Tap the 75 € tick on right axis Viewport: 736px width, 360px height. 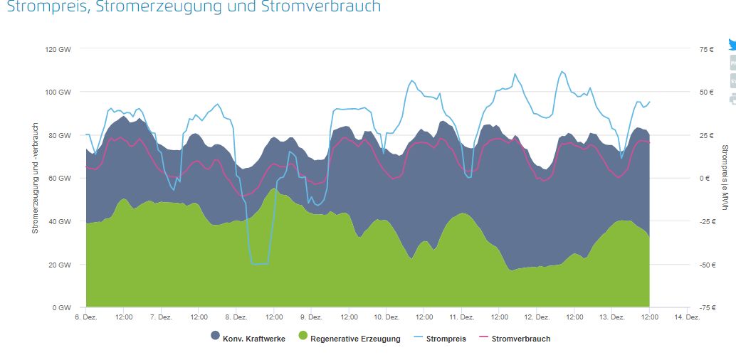[x=706, y=49]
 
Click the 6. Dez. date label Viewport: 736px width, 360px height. [x=85, y=317]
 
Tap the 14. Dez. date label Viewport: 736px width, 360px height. [x=686, y=317]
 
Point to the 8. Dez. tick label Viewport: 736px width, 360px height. [x=236, y=317]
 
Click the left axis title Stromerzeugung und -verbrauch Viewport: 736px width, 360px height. [x=34, y=178]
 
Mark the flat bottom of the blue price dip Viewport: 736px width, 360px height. [x=260, y=264]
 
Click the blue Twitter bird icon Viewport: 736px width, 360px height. [x=732, y=45]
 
